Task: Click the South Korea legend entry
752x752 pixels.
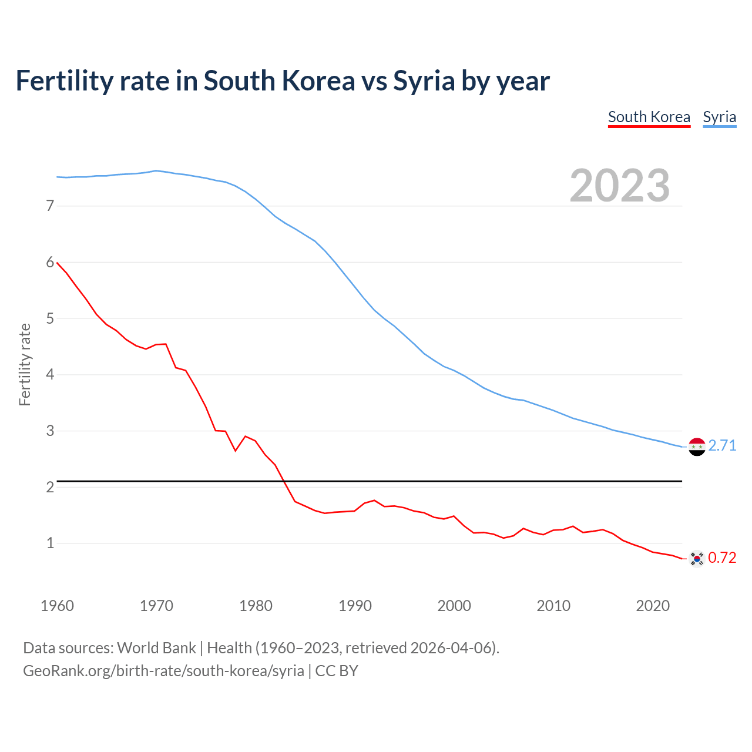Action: coord(649,117)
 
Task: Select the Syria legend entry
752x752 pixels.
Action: coord(719,117)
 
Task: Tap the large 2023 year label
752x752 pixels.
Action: coord(620,186)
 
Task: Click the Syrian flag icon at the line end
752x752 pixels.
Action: coord(697,446)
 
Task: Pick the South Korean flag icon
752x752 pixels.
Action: coord(697,558)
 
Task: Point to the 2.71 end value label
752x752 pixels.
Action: coord(722,445)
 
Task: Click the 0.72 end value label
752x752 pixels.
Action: coord(722,558)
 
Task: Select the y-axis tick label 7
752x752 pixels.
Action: coord(50,206)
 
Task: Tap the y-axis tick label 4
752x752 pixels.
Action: coord(50,374)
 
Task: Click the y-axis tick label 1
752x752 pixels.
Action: coord(50,543)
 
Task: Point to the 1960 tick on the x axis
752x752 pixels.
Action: coord(57,606)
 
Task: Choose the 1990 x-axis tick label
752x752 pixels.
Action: coord(355,606)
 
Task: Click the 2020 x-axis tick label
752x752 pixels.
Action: coord(653,606)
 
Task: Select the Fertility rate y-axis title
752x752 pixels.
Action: coord(25,364)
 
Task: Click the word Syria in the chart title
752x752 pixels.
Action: coord(424,81)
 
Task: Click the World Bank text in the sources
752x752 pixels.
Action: coord(156,648)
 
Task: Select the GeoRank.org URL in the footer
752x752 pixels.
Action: coord(163,671)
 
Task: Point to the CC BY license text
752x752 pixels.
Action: coord(337,671)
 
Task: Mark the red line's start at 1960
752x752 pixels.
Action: coord(57,263)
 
